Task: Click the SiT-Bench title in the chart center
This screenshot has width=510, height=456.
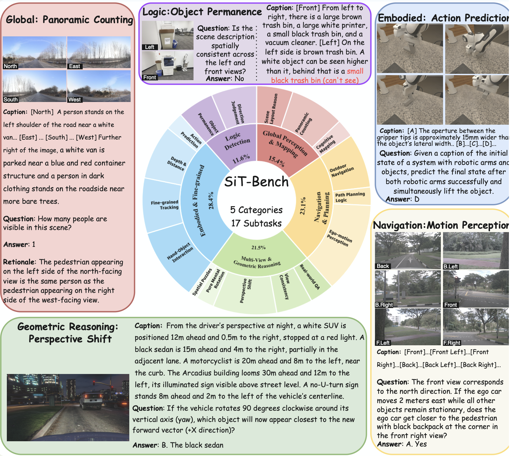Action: coord(256,182)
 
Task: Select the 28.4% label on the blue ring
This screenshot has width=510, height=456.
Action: coord(211,200)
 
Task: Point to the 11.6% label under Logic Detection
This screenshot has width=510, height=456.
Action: coord(241,159)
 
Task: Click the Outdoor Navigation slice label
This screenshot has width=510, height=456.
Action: coord(342,170)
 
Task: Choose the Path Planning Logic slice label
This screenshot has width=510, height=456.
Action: coord(350,197)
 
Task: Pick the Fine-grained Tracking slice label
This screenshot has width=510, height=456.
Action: coord(165,205)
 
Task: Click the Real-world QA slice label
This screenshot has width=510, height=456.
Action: coord(310,277)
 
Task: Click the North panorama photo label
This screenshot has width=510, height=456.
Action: coord(10,66)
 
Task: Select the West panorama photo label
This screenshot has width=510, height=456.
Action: coord(75,100)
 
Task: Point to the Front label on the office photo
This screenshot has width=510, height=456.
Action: coord(150,77)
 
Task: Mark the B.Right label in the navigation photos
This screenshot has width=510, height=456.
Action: coord(384,305)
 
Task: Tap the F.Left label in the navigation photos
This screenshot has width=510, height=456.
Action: coord(383,343)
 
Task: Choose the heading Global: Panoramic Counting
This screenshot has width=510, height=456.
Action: coord(69,20)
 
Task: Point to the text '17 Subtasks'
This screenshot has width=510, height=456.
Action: coord(256,223)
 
